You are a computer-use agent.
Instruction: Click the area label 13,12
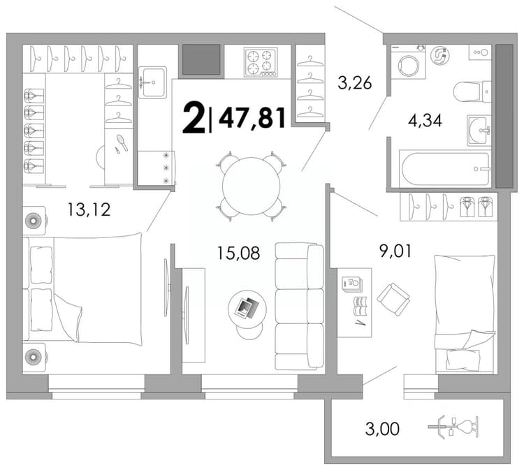89,210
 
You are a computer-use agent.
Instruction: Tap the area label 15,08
238,253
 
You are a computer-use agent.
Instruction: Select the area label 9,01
395,251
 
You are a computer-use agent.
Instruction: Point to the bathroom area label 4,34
425,121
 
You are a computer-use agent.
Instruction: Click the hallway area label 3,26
354,82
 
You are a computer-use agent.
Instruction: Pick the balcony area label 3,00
382,429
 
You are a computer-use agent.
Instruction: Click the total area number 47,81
252,117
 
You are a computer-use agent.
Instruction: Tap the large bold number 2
194,117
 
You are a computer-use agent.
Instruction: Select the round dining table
252,186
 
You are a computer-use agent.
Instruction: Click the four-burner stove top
261,62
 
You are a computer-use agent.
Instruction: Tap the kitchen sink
152,82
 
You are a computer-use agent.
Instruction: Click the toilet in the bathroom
472,91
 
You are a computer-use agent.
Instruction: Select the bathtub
445,168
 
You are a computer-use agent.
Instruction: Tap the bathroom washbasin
479,130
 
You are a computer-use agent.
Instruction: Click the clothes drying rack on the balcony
453,426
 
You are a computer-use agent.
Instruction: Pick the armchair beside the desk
393,300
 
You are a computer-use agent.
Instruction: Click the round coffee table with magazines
247,309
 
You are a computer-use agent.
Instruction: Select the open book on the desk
361,306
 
